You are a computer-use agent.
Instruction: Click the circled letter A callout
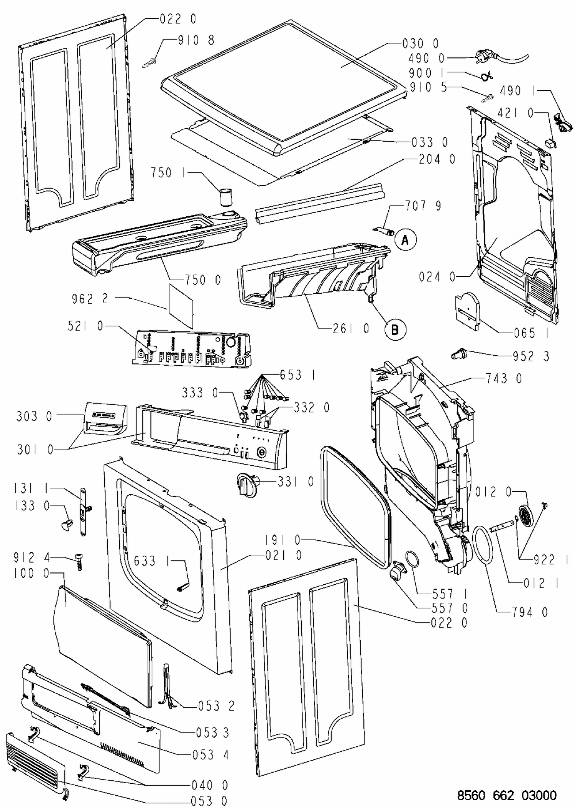click(405, 240)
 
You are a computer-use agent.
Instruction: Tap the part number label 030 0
click(420, 43)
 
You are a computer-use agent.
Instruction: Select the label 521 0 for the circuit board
click(85, 326)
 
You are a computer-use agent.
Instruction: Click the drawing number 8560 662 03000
click(506, 795)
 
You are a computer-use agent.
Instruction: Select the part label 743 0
click(503, 379)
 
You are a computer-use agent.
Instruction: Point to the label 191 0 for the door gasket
click(283, 540)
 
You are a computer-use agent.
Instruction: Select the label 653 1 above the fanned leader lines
click(297, 375)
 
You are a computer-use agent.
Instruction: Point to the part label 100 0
click(32, 573)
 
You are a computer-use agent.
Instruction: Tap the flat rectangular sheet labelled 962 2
click(181, 306)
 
